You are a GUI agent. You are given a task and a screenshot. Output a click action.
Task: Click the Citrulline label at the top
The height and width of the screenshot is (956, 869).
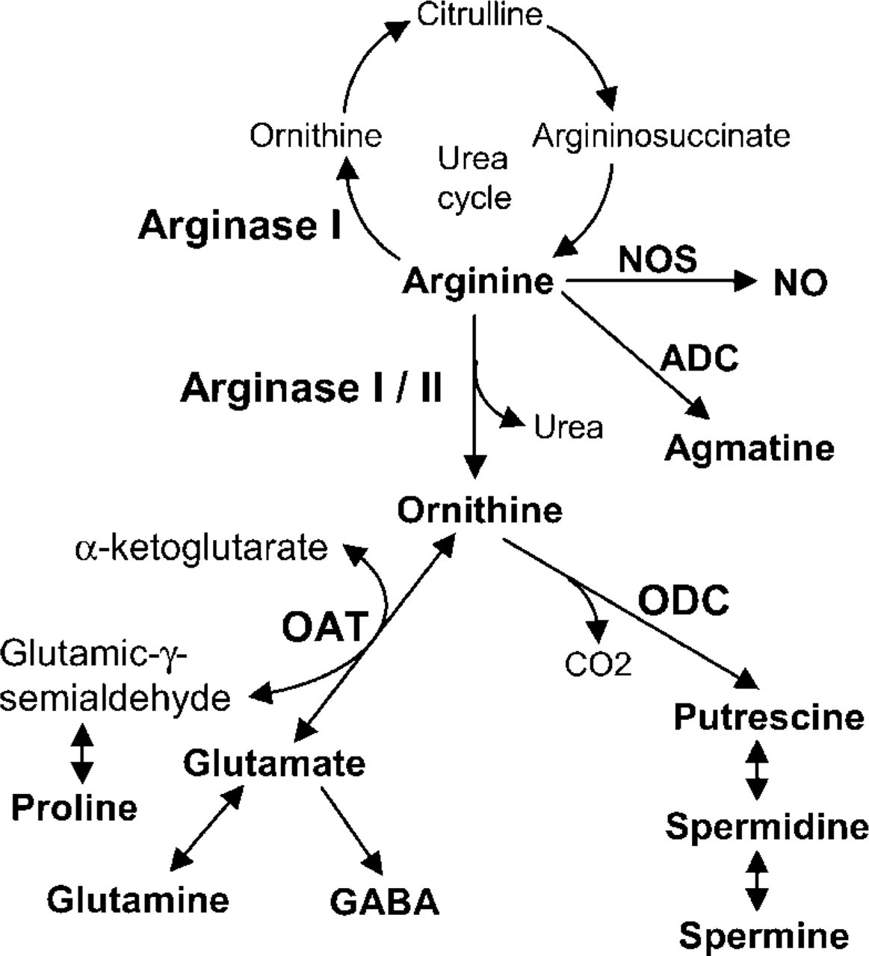click(480, 14)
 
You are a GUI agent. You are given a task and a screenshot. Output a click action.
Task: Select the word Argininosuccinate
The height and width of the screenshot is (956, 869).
click(661, 137)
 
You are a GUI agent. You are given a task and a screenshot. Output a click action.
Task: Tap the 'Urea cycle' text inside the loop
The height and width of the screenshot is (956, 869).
click(474, 179)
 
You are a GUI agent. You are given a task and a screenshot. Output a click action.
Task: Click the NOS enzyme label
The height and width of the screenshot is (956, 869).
click(658, 259)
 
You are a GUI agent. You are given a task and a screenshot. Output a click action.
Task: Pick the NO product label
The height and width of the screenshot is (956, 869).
click(800, 283)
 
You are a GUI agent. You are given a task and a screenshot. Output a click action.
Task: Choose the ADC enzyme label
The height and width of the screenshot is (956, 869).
click(699, 358)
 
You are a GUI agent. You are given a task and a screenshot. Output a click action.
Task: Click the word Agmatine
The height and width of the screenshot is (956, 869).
click(749, 450)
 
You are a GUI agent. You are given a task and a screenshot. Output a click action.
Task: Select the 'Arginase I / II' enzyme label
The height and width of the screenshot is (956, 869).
click(312, 388)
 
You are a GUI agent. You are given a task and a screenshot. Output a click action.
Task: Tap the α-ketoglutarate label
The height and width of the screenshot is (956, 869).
click(201, 548)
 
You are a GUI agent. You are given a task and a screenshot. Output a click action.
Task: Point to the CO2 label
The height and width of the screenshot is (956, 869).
click(598, 664)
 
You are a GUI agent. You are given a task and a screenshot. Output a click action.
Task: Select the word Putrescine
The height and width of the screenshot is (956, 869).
click(769, 717)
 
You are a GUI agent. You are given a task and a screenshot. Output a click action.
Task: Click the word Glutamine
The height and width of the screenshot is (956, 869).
click(137, 900)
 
